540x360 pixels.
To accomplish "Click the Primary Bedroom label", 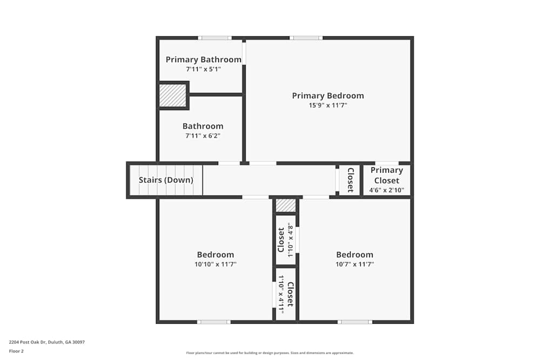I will click(x=328, y=96).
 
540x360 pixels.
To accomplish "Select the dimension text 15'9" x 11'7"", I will click(x=328, y=106).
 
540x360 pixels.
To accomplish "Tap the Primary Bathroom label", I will click(x=203, y=59).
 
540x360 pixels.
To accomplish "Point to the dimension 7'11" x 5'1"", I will click(x=203, y=69).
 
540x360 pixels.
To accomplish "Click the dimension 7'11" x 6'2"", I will click(x=202, y=136).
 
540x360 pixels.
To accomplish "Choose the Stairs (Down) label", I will click(x=166, y=180).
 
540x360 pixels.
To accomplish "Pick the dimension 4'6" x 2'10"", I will click(x=387, y=190).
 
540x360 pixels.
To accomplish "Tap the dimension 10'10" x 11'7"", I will click(x=215, y=264).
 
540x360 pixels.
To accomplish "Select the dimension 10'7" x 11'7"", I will click(x=355, y=264).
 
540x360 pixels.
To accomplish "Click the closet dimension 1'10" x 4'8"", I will click(x=290, y=240).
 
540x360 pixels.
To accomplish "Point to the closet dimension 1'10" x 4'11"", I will click(x=281, y=295).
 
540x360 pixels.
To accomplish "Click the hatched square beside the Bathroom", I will click(x=173, y=96).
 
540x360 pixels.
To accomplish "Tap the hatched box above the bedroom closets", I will click(x=286, y=206).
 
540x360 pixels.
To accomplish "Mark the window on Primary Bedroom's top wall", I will click(x=306, y=38).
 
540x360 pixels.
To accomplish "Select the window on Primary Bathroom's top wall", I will click(x=214, y=38).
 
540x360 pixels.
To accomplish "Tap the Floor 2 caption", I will click(x=16, y=351).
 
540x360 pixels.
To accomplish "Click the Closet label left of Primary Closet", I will click(x=350, y=180).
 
